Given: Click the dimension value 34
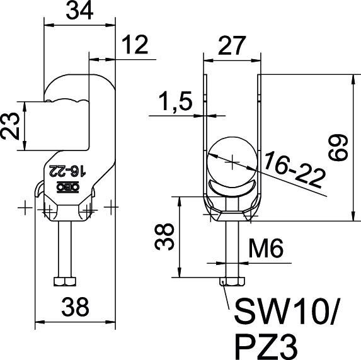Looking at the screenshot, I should click(x=79, y=11).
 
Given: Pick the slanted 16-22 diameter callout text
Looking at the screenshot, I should click(x=294, y=169).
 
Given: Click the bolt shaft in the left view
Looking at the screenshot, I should click(x=67, y=249).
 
